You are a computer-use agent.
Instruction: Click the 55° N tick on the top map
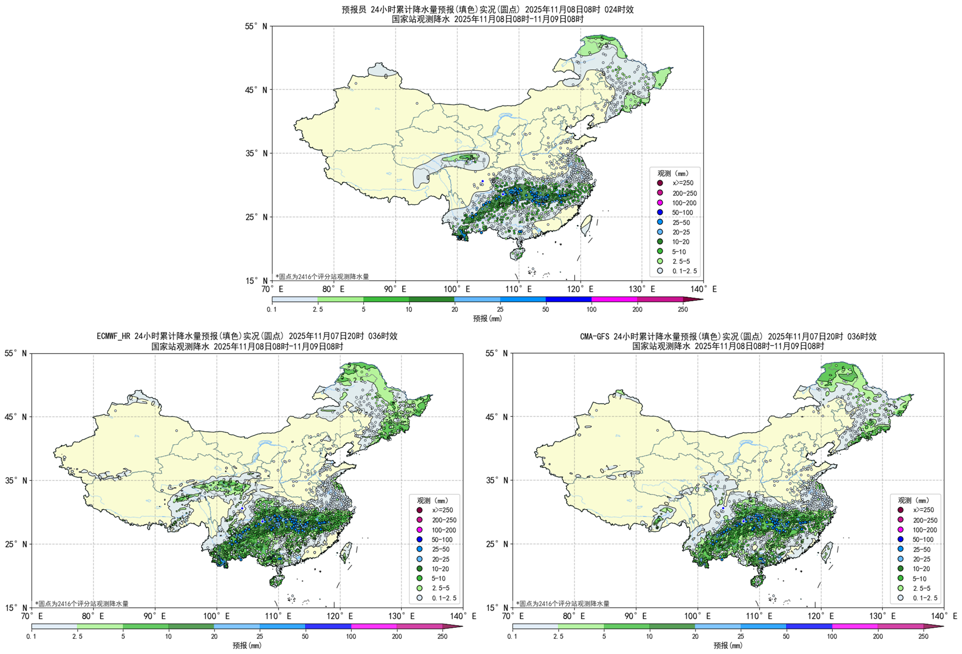[x=256, y=26]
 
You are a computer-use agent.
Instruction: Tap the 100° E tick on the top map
[x=456, y=289]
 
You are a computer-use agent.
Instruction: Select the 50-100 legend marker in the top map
[x=660, y=212]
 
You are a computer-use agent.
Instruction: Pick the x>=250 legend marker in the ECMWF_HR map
[x=419, y=510]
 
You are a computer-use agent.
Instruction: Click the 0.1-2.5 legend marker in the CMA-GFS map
[x=900, y=597]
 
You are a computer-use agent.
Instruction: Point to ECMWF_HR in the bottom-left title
[x=114, y=336]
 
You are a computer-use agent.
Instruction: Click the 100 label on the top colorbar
[x=591, y=309]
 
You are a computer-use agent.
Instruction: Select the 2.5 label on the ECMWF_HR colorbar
[x=77, y=636]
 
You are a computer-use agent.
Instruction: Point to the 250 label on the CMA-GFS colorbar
[x=923, y=636]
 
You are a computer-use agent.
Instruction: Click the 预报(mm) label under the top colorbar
[x=487, y=318]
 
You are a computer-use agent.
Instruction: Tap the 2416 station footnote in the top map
[x=322, y=276]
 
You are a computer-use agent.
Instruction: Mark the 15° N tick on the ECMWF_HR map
[x=16, y=608]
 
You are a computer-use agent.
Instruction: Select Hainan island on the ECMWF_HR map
[x=276, y=581]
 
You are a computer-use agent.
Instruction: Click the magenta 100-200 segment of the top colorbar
[x=614, y=299]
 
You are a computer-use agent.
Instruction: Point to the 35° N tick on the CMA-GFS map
[x=497, y=480]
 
